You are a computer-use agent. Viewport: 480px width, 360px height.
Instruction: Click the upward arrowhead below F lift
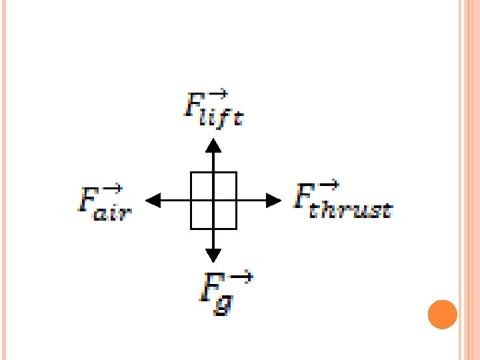(213, 144)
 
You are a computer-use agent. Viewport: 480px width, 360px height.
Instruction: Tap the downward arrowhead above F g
(213, 255)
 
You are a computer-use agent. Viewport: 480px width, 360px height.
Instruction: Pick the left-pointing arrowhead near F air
(153, 200)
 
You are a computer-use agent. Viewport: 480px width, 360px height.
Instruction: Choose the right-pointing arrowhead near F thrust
(273, 200)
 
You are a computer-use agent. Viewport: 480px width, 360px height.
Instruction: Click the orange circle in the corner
(442, 314)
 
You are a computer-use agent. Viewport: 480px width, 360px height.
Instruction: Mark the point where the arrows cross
(213, 200)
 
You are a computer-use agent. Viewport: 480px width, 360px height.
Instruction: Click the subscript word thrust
(354, 209)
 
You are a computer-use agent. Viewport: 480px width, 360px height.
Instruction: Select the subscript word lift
(224, 119)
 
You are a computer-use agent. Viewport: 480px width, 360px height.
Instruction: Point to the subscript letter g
(225, 303)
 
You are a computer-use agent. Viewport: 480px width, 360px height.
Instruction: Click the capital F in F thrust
(303, 198)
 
